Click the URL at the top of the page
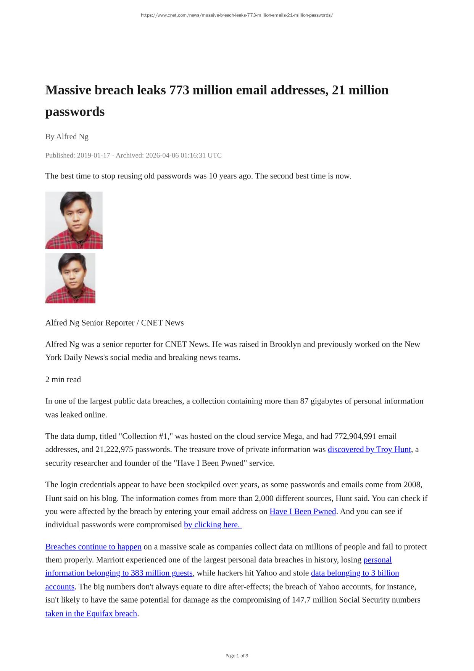(x=237, y=15)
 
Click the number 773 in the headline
(x=179, y=90)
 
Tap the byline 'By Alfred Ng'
(x=67, y=136)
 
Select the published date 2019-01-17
(x=93, y=156)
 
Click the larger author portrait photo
(x=74, y=220)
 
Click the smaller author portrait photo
(x=70, y=278)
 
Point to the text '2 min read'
(x=63, y=379)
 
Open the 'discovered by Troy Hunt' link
(x=369, y=449)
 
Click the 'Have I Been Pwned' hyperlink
(x=303, y=512)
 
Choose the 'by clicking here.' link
(x=212, y=525)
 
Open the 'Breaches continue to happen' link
(x=93, y=547)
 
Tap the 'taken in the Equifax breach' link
(x=91, y=614)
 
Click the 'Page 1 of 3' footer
(x=237, y=656)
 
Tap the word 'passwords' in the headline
(x=75, y=112)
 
